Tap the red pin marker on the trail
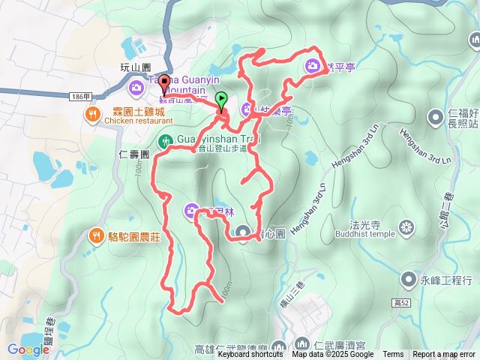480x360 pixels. pyautogui.click(x=164, y=85)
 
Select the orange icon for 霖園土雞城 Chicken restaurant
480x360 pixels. pyautogui.click(x=91, y=115)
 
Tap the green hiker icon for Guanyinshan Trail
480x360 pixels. pyautogui.click(x=165, y=140)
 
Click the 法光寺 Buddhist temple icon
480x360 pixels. pyautogui.click(x=407, y=226)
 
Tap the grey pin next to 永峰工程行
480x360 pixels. pyautogui.click(x=407, y=280)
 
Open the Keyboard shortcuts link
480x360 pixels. pyautogui.click(x=250, y=355)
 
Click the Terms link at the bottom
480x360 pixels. pyautogui.click(x=393, y=355)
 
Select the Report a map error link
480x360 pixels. pyautogui.click(x=444, y=355)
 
